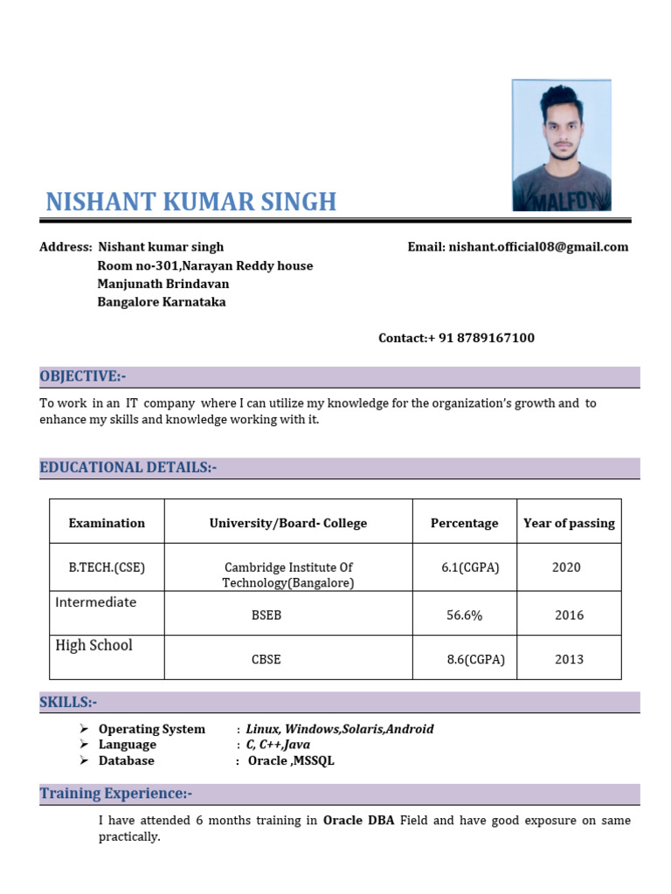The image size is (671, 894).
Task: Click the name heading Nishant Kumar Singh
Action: point(190,202)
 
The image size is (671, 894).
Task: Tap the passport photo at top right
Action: point(561,145)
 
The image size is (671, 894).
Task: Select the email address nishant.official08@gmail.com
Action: point(538,247)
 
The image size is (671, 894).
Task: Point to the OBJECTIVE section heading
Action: point(83,376)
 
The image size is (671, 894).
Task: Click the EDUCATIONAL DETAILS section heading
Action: point(128,468)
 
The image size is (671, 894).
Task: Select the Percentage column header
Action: point(464,523)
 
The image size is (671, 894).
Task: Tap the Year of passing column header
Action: point(569,523)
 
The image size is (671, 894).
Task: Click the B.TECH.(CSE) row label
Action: point(107,567)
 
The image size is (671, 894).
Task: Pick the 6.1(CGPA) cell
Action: point(470,567)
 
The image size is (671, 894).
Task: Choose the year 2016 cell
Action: point(569,615)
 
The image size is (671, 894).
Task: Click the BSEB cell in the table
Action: point(266,615)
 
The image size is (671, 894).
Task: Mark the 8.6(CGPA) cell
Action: point(475,660)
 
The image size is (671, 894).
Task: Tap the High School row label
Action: point(94,645)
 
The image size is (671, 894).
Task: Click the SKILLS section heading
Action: point(68,703)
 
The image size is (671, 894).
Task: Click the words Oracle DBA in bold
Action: point(358,821)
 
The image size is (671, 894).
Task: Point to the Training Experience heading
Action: point(115,794)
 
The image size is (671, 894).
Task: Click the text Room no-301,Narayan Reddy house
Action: point(204,265)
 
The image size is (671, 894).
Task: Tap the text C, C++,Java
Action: point(278,745)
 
